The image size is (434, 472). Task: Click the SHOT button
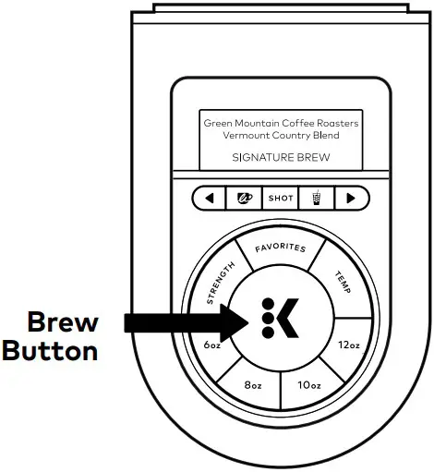280,198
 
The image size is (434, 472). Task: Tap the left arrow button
209,198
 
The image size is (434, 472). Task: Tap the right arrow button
351,198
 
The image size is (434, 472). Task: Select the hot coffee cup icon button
244,198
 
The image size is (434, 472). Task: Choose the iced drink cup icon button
316,198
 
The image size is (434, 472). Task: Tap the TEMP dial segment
344,276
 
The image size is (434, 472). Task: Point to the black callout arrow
175,321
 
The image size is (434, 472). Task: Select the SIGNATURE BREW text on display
281,158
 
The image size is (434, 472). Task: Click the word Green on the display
219,122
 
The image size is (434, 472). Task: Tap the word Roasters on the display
334,122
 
